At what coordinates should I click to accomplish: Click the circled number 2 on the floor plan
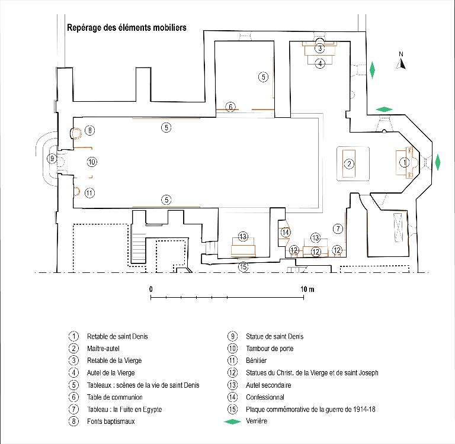(349, 164)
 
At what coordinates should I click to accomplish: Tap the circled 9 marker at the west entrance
(52, 158)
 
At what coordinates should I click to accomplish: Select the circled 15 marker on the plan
(243, 266)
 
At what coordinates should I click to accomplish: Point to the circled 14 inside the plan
(286, 232)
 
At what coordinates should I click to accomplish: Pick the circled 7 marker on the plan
(338, 229)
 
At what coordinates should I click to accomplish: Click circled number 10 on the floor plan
(92, 162)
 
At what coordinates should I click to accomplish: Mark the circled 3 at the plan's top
(320, 48)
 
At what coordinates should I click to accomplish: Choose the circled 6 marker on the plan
(230, 107)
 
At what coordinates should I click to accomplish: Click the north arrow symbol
(401, 62)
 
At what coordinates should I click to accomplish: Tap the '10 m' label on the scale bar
(307, 289)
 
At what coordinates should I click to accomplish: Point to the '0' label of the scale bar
(151, 289)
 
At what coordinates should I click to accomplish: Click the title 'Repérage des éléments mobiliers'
(127, 28)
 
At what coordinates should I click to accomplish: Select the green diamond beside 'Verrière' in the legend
(232, 422)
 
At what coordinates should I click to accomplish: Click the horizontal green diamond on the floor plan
(384, 110)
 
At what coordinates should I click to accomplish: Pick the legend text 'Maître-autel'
(103, 349)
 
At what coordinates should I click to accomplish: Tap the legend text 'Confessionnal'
(265, 397)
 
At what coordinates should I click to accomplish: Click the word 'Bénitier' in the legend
(256, 361)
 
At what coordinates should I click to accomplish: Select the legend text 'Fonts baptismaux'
(111, 422)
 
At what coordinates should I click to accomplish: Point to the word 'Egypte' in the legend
(152, 410)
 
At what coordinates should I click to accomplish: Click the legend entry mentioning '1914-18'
(310, 410)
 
